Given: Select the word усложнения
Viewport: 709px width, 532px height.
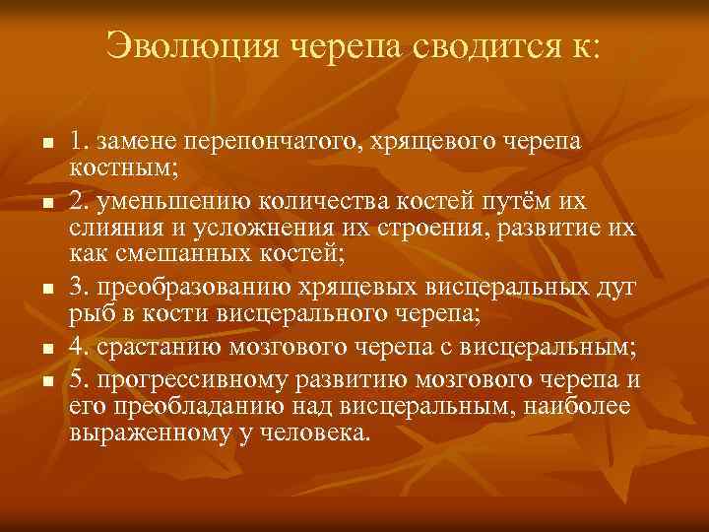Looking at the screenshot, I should pos(253,229).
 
